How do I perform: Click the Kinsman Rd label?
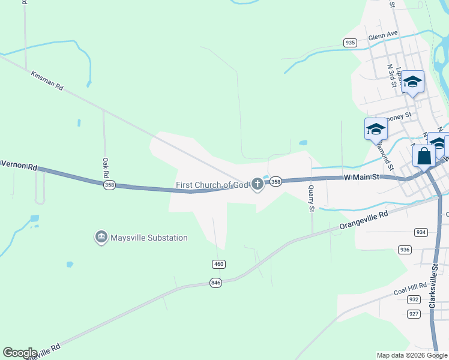pos(47,83)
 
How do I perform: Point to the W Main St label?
pos(363,177)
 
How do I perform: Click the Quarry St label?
pos(312,199)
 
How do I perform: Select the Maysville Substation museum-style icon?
pos(101,238)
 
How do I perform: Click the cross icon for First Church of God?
pos(258,184)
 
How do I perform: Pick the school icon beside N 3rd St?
pos(412,81)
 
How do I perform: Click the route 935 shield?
pos(351,43)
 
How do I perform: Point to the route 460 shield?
pos(218,264)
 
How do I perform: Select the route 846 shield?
pos(216,282)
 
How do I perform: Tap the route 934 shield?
pos(420,232)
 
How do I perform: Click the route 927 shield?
pos(414,314)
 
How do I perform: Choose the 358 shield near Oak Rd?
pos(109,185)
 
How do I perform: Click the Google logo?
pos(20,353)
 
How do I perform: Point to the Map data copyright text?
pos(411,355)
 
